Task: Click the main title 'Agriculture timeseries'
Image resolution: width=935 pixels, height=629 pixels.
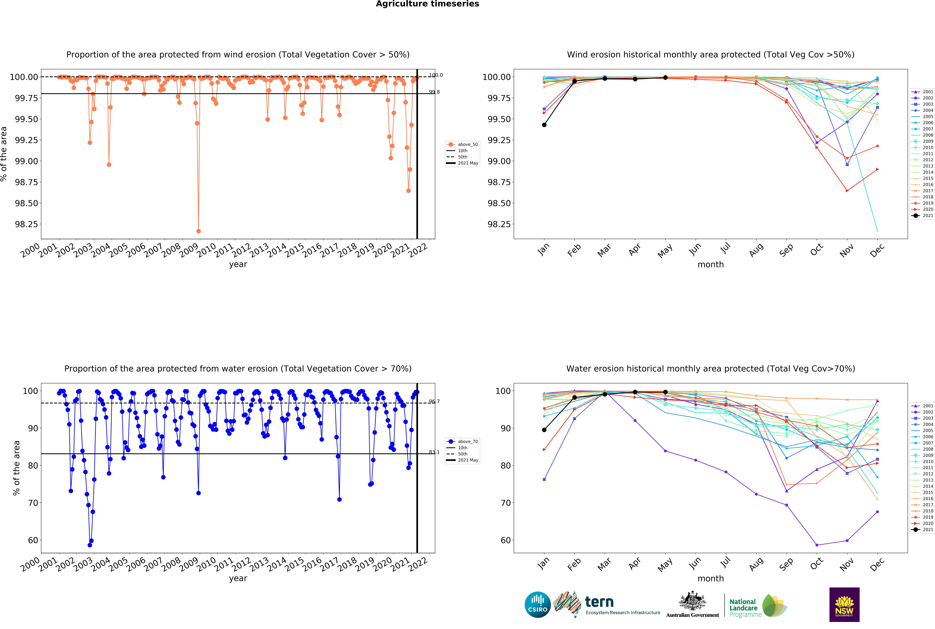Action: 427,4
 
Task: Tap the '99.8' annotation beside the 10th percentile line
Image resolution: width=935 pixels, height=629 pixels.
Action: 434,92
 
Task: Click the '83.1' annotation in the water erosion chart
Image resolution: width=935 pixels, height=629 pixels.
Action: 434,452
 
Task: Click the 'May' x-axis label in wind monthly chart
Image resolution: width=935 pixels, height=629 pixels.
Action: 665,251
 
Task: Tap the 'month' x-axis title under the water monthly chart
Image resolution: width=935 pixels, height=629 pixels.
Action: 711,578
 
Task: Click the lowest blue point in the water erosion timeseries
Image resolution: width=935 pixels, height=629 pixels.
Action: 90,545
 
